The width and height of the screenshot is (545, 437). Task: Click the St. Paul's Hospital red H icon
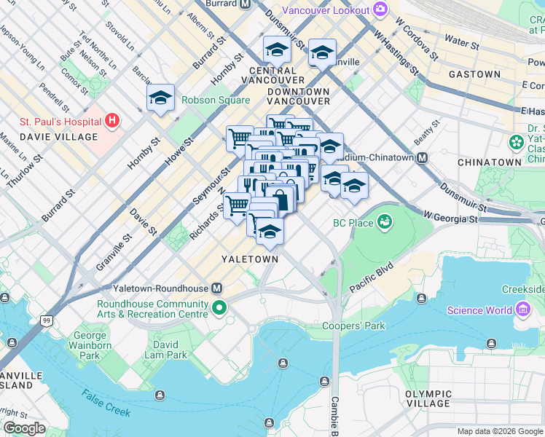coord(112,119)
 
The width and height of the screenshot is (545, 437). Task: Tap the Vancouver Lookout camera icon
coord(379,9)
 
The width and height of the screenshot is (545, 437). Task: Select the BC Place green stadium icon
coord(384,222)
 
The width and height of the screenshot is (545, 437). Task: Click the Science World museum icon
coord(522,310)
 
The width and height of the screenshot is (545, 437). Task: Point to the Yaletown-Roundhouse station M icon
coord(216,288)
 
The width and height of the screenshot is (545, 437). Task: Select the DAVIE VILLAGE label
coord(58,137)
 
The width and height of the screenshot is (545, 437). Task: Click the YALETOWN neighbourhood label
coord(251,259)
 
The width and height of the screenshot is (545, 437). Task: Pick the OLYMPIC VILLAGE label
coord(428,398)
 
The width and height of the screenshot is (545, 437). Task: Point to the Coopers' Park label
coord(353,326)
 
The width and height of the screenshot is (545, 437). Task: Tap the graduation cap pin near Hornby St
coord(160,98)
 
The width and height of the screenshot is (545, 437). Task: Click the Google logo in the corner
coord(24,428)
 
